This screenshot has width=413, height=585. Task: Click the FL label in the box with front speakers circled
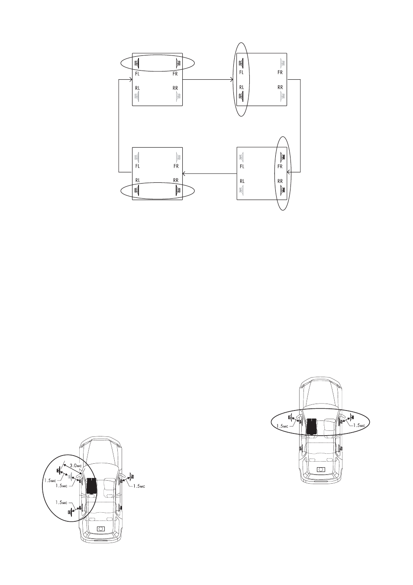click(x=137, y=74)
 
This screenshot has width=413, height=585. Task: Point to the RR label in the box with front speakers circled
click(x=175, y=88)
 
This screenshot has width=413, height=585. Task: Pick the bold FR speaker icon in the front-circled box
click(x=179, y=63)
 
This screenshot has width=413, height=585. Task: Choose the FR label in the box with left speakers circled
click(x=280, y=72)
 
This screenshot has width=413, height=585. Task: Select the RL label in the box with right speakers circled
click(x=242, y=181)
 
